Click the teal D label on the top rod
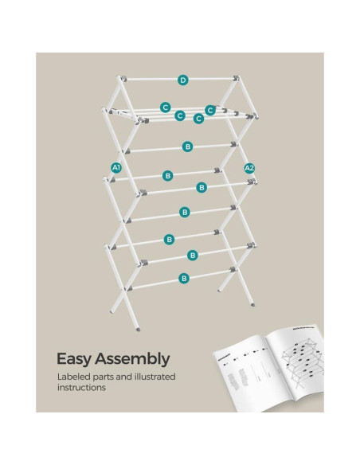point(182,80)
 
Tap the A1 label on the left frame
point(116,168)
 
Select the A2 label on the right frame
point(249,168)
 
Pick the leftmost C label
point(165,106)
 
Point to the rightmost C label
point(210,110)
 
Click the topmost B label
point(188,147)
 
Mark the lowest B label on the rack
point(184,278)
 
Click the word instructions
point(81,389)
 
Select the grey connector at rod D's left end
point(122,81)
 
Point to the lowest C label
point(198,119)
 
